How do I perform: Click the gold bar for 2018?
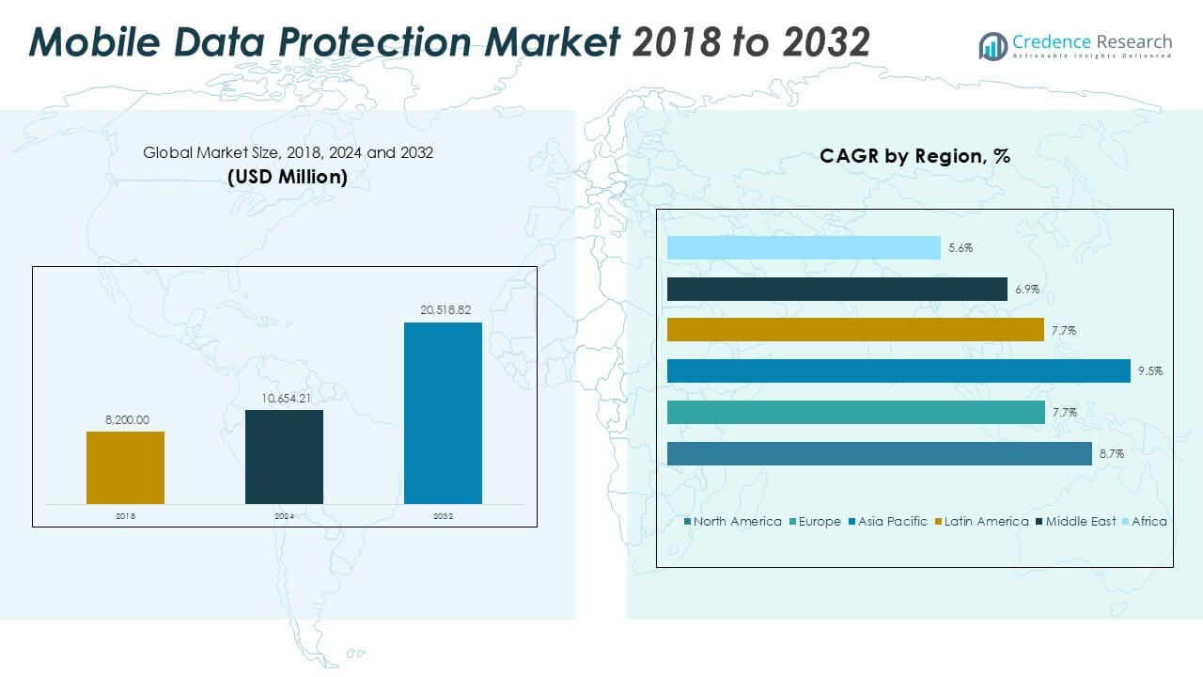125,467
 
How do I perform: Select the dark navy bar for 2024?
284,456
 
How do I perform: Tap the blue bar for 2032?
443,413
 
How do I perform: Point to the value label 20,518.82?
443,308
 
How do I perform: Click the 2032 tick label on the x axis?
443,516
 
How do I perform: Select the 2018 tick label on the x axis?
125,516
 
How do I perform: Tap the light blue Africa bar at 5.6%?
804,247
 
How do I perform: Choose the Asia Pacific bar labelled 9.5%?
898,370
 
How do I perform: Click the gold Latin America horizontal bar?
855,329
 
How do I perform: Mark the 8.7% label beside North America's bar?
1111,453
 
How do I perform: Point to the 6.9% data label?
1026,289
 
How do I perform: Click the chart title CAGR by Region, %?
914,156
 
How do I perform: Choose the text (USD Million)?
288,176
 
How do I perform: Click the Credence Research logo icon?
992,45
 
